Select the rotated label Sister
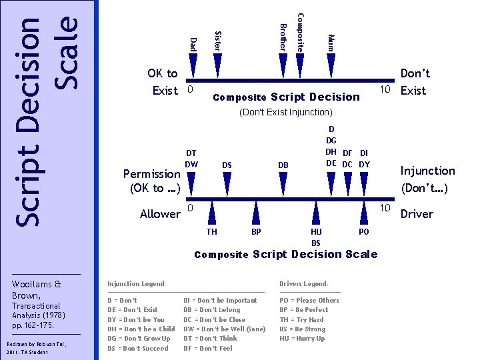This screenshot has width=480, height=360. [217, 40]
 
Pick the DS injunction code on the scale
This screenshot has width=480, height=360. [227, 165]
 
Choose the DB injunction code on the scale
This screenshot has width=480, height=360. [283, 165]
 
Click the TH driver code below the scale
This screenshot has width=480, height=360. [211, 231]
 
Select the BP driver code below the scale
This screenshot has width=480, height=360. [255, 231]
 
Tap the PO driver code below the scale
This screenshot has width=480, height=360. [363, 231]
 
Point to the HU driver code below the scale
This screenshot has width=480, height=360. [316, 231]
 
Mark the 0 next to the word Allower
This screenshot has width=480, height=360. [190, 209]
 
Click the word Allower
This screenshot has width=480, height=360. [160, 214]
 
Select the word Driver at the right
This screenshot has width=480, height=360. [417, 214]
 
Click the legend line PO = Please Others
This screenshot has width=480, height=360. [309, 301]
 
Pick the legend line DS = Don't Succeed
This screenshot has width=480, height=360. [137, 348]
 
